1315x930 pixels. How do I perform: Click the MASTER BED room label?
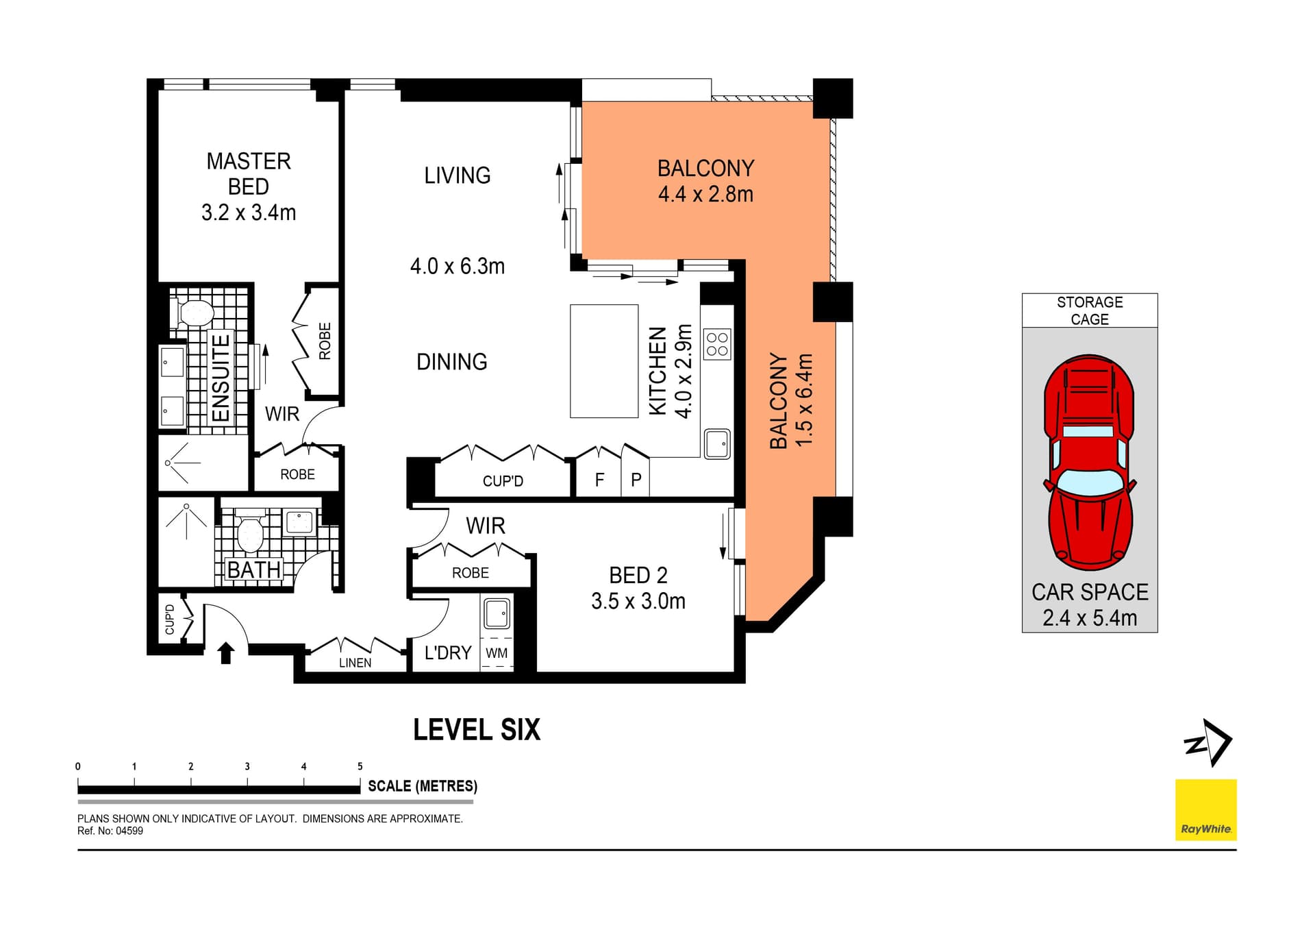point(249,173)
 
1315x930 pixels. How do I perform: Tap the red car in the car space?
point(1089,462)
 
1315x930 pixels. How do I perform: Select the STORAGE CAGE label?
point(1090,310)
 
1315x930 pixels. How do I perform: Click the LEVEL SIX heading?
point(477,730)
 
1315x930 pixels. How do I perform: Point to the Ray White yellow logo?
point(1206,809)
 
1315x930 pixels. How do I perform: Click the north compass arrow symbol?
point(1210,742)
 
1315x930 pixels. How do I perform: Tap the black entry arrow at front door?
point(225,653)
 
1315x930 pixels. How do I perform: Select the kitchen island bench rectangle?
point(604,361)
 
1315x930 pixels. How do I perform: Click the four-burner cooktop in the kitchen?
point(717,344)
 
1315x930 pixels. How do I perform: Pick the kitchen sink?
point(717,443)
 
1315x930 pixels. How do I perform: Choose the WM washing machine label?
point(497,653)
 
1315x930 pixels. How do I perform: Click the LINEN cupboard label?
point(355,663)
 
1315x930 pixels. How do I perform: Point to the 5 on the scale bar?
point(360,766)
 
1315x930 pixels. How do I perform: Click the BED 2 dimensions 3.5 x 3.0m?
point(638,601)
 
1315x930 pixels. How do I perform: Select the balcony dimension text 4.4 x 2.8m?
point(705,194)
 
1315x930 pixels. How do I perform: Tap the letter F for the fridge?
point(599,480)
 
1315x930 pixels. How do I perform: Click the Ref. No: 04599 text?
point(110,831)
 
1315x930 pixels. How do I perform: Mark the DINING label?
point(452,362)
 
